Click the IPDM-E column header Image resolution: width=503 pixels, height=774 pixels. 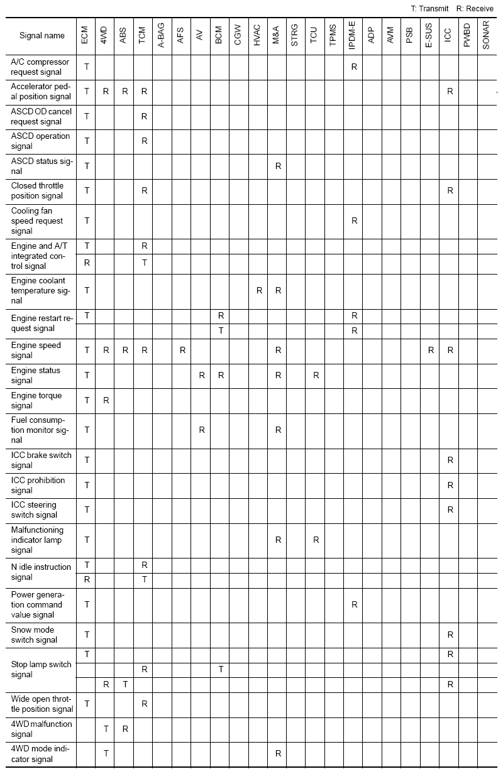click(x=354, y=36)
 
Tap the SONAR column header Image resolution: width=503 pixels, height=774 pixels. click(x=486, y=36)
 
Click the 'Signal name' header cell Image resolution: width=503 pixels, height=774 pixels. click(x=42, y=36)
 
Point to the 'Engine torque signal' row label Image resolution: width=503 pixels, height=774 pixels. click(x=36, y=400)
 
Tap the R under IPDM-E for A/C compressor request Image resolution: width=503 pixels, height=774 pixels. click(x=354, y=66)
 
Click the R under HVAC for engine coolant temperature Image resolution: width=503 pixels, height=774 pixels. click(x=259, y=290)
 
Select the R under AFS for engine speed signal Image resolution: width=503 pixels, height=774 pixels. click(x=182, y=350)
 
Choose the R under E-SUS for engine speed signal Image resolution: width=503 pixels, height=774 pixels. click(x=431, y=350)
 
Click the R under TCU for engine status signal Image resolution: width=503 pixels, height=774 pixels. click(x=316, y=375)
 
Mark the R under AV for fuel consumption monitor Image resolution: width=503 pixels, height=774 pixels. click(x=201, y=430)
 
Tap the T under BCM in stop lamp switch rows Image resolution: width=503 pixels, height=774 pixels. click(x=221, y=669)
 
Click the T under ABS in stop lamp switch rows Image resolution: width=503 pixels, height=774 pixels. click(x=125, y=684)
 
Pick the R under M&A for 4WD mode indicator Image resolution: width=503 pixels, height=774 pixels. click(x=278, y=753)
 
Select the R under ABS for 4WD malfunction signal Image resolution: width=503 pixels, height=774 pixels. click(x=125, y=729)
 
